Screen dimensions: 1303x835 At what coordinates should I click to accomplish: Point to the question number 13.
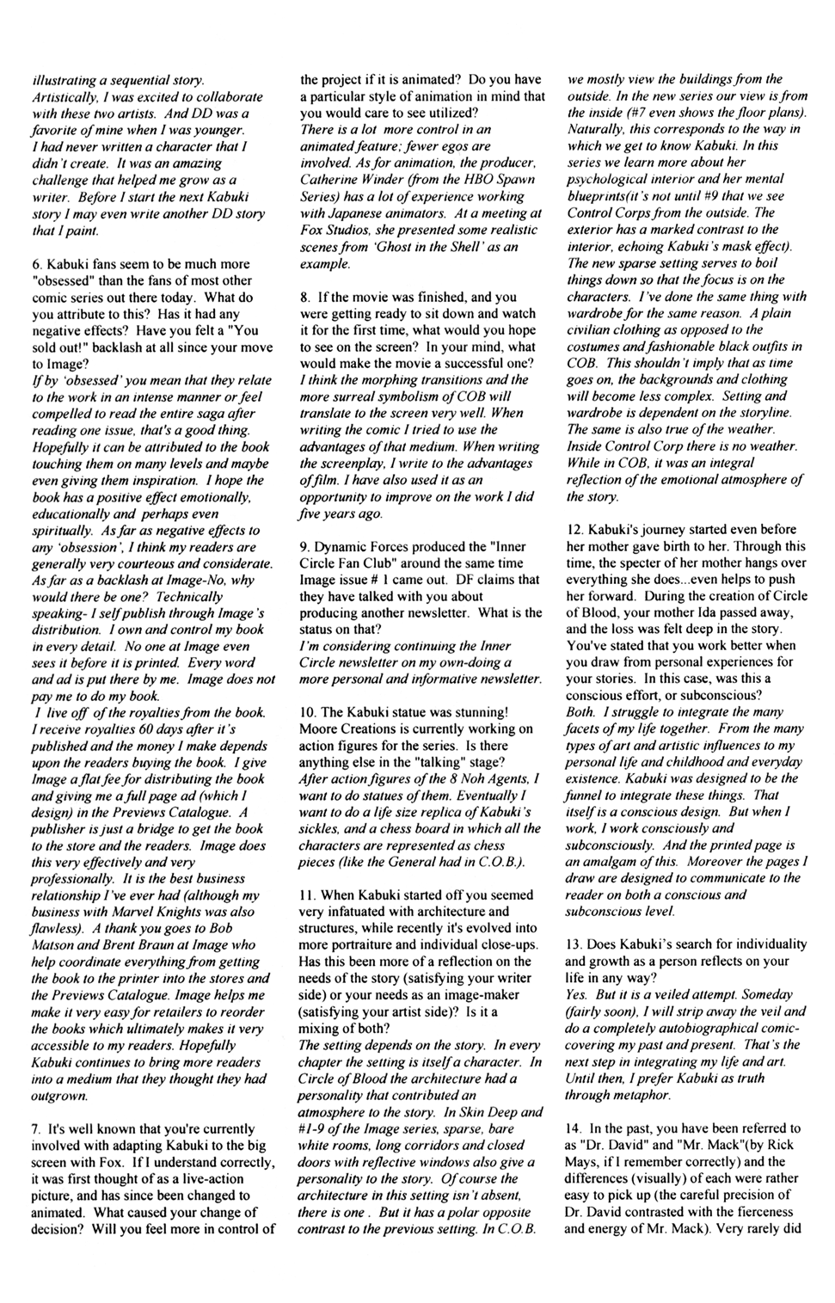[x=574, y=944]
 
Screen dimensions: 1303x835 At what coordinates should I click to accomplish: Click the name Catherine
[x=328, y=180]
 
